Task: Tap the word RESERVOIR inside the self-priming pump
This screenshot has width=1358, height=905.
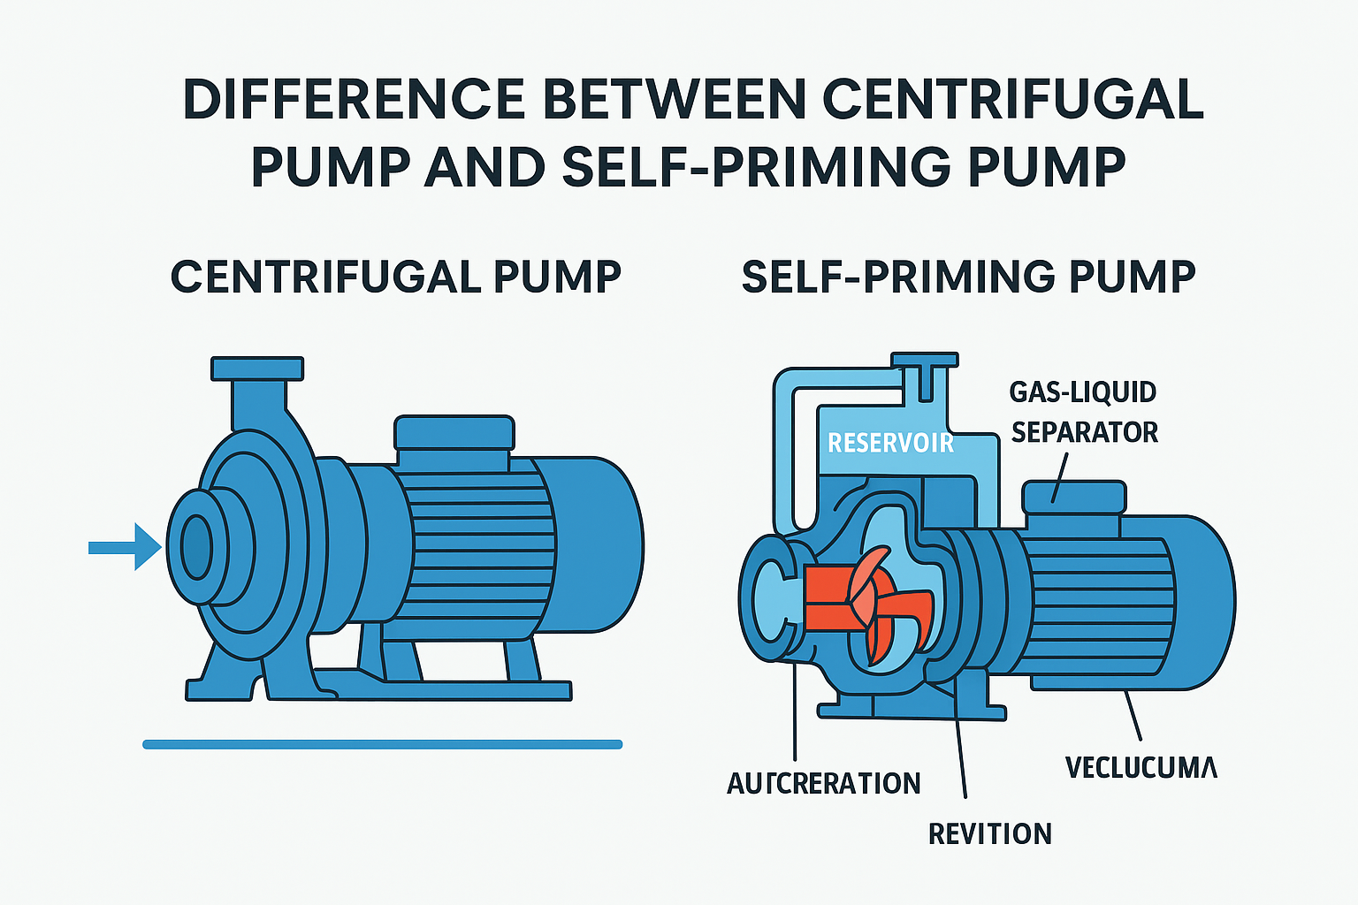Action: [890, 442]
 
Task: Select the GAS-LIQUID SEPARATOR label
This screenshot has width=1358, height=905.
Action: [1084, 412]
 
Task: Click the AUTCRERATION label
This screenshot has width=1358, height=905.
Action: [823, 783]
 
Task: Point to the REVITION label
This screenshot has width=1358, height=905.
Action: [989, 833]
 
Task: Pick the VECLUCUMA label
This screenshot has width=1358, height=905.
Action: [1141, 766]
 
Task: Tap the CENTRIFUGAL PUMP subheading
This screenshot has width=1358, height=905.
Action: [395, 277]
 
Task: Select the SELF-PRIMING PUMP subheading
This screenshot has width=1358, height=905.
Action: [968, 277]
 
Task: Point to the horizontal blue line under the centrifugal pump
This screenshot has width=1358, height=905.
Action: [382, 744]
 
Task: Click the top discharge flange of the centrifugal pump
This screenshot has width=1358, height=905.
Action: [257, 368]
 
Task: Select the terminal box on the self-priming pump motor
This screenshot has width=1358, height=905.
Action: [1073, 497]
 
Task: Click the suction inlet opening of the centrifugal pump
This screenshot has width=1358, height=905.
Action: [195, 547]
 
